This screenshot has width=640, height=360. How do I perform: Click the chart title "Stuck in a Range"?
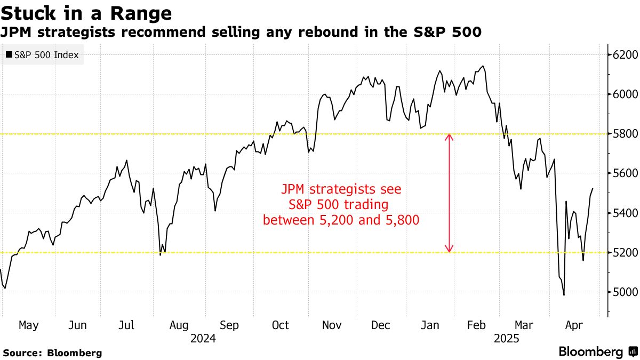coord(86,12)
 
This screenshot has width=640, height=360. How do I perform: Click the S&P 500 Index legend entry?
coord(42,54)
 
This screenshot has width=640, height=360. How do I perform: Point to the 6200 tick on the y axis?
coord(624,55)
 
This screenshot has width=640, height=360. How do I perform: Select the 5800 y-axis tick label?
coord(624,134)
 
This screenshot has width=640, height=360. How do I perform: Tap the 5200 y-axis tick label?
coord(624,252)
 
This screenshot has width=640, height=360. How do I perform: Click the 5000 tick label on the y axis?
coord(624,292)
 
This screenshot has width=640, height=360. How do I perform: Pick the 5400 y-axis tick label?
coord(624,213)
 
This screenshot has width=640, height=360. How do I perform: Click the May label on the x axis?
coord(28,325)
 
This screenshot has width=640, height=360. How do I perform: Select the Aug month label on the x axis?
coord(179,325)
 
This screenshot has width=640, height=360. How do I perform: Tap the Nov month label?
coord(331,325)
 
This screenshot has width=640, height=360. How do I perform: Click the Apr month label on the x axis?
coord(574,325)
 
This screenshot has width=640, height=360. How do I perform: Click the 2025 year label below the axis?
coord(507,338)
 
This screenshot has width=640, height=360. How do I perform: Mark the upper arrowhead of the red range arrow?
coord(449,137)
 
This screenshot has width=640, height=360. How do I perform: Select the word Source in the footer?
coord(22,353)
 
